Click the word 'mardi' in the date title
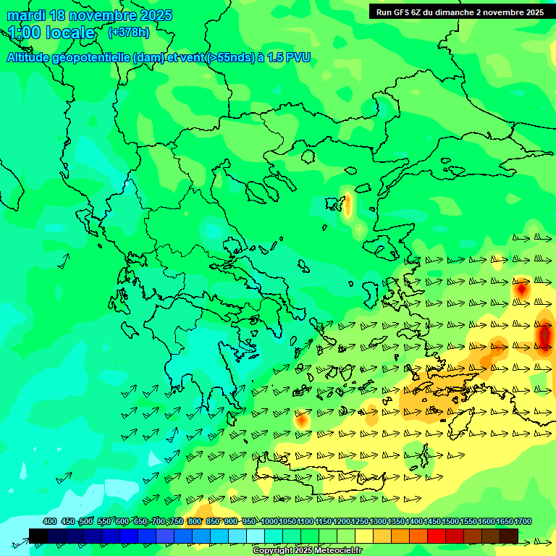click(25, 15)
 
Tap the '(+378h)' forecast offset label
click(128, 33)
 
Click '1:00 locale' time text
click(51, 33)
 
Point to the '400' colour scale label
click(49, 522)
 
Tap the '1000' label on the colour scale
click(269, 522)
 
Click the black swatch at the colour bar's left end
click(38, 536)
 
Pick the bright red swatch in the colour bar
click(437, 536)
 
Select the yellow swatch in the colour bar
click(364, 536)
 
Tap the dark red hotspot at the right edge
click(545, 335)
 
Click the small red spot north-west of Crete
click(301, 419)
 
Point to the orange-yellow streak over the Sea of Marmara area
click(348, 206)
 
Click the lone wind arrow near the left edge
click(62, 259)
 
